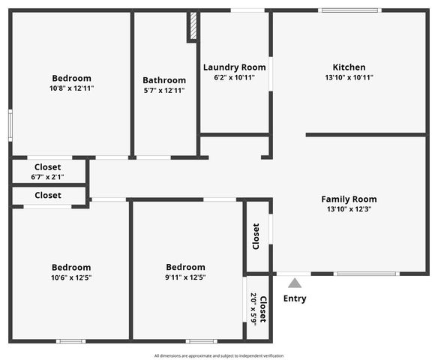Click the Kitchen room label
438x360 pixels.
tap(349, 67)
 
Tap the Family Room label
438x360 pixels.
tap(349, 199)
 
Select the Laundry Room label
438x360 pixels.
tap(234, 67)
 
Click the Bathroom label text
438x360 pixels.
tap(164, 80)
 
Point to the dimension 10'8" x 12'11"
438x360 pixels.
tap(71, 88)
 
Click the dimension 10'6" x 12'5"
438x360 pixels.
tap(71, 277)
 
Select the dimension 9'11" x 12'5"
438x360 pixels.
tap(185, 277)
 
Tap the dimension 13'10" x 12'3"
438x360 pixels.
tap(349, 209)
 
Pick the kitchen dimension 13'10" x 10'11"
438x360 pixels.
tap(349, 77)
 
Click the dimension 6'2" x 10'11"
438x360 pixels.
tap(234, 77)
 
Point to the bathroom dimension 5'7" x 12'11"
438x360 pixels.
tap(164, 91)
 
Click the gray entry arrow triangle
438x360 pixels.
tap(295, 283)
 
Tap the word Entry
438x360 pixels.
tap(295, 298)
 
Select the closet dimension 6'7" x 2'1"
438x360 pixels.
tap(47, 178)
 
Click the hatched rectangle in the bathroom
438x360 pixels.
tap(192, 26)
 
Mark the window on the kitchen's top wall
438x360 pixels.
tap(350, 10)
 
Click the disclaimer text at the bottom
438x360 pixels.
tap(219, 355)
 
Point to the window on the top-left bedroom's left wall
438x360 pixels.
tap(10, 124)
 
